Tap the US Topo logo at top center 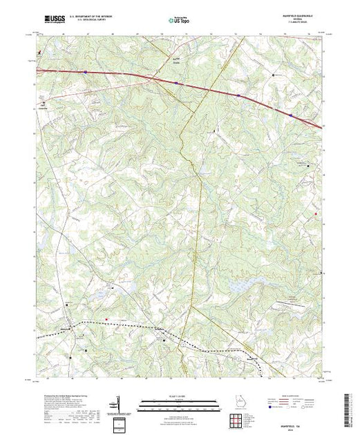[x=179, y=21]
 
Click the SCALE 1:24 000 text [x=178, y=394]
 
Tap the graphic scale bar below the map [x=178, y=400]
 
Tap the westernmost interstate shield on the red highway [x=85, y=72]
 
